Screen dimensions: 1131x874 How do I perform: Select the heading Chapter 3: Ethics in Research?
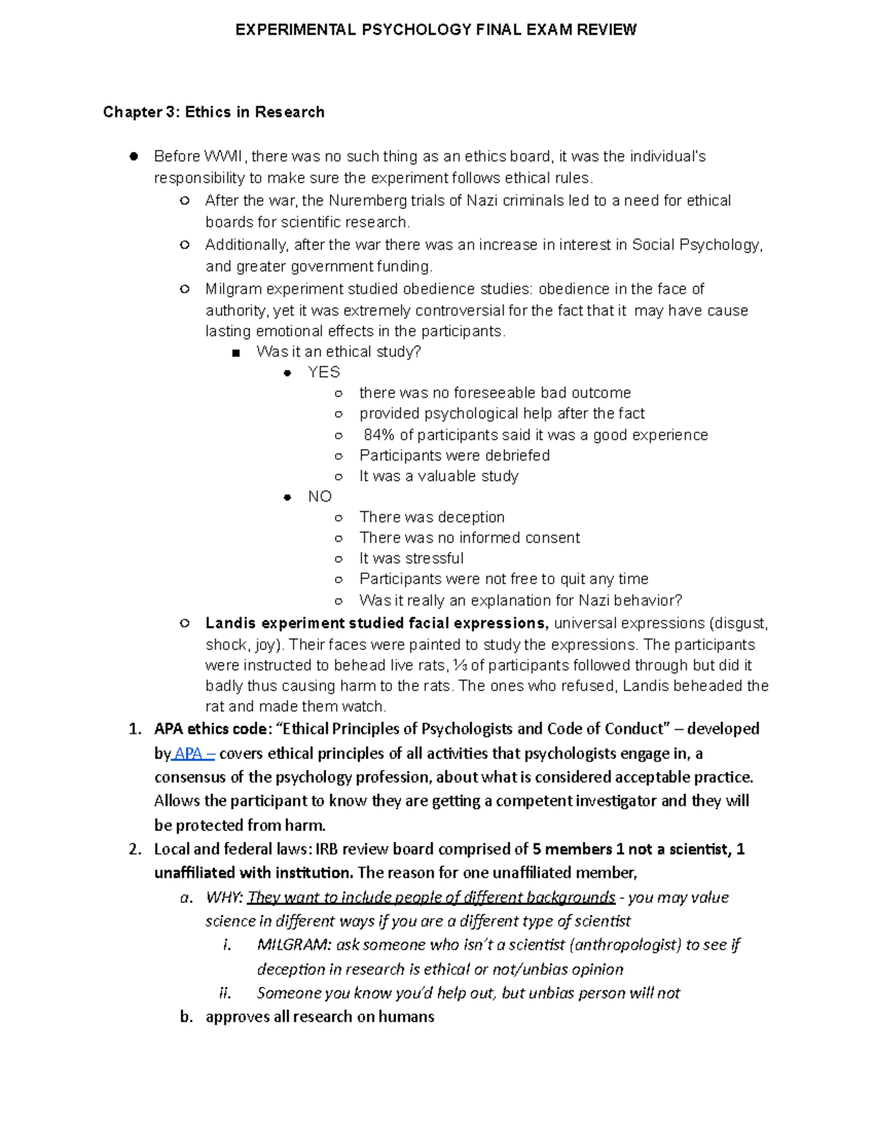[213, 112]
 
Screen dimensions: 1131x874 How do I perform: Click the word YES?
[323, 373]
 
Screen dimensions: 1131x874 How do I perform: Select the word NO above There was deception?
[320, 497]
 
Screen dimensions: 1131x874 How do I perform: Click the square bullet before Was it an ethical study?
[235, 354]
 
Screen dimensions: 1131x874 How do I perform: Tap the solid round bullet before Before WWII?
[133, 156]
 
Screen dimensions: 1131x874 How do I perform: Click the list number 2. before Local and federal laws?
[135, 849]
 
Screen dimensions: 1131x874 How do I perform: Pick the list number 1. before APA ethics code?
[135, 729]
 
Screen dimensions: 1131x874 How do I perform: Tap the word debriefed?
[516, 456]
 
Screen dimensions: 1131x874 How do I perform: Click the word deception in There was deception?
[471, 518]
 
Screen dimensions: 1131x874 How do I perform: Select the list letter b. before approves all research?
[186, 1017]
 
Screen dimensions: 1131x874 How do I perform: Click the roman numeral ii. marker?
[225, 993]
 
